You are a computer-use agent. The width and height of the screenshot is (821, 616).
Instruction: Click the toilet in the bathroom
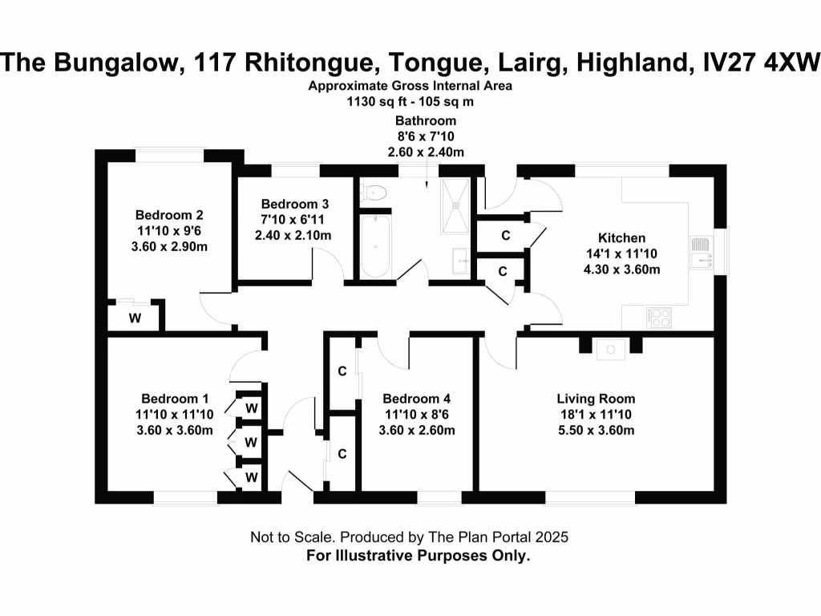374,192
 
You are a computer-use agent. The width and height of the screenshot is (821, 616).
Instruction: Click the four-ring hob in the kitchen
659,317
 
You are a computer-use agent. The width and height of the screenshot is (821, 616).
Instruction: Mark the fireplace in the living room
610,347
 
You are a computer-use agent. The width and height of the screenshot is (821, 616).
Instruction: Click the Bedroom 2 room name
168,215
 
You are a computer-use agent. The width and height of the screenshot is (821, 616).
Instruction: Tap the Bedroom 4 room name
416,399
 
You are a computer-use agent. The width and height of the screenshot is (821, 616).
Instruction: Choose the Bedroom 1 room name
175,399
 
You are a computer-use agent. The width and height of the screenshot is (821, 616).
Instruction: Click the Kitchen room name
621,238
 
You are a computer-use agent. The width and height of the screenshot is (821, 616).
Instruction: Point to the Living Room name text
596,399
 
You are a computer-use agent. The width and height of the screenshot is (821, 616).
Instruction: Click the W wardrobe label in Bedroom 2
135,318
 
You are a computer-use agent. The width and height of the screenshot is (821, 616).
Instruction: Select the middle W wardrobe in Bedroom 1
251,442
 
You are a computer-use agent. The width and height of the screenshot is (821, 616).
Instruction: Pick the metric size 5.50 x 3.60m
596,431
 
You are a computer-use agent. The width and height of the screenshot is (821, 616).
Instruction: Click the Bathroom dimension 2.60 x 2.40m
425,152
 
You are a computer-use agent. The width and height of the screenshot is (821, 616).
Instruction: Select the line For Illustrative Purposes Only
419,555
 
